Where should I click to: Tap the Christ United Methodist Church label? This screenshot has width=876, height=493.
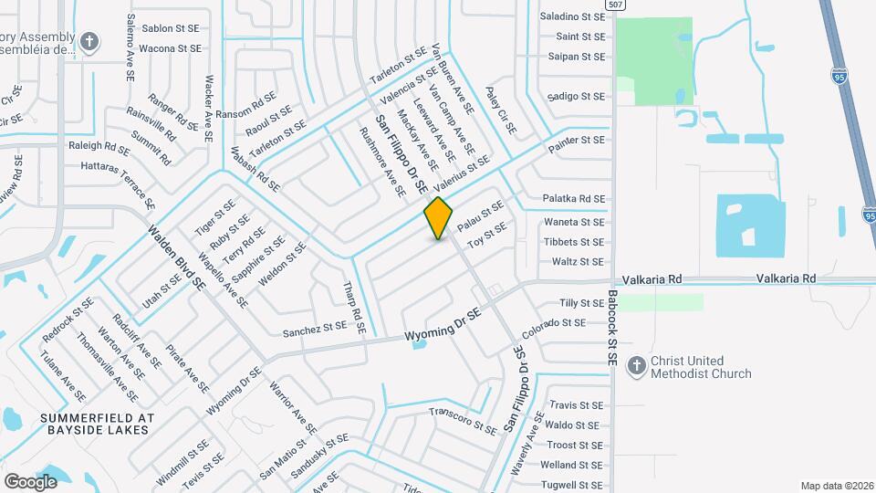coord(701,367)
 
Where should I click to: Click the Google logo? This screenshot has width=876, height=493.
coord(30,481)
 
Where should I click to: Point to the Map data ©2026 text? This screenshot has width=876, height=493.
coord(836,485)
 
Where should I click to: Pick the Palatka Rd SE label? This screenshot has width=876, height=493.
coord(574,198)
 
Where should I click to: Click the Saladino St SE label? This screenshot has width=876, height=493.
coord(572,16)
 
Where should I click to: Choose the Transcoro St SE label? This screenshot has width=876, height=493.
coord(463,416)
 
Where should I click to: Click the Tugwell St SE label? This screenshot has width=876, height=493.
coord(572,485)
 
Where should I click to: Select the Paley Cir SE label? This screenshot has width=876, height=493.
coord(500,111)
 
